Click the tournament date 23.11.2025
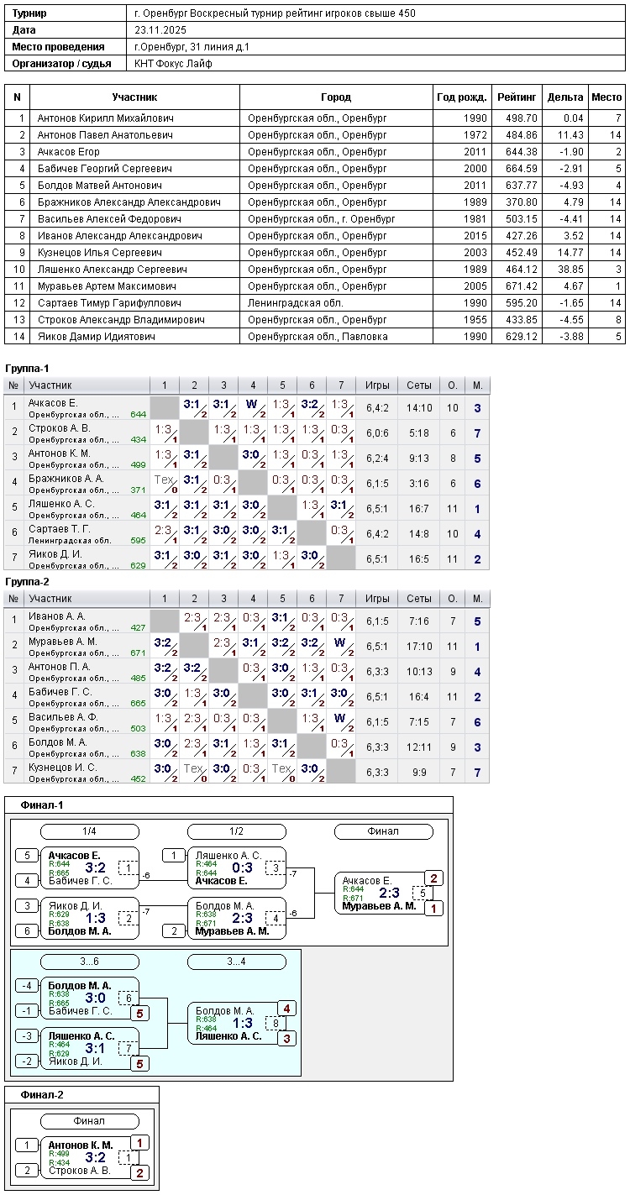pos(160,30)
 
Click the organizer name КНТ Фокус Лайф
pos(173,64)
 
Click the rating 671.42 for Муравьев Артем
pos(522,286)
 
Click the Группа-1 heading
pos(27,369)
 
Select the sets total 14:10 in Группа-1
pos(419,408)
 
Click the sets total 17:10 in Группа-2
pos(419,647)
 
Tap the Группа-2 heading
pos(27,581)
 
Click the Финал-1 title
pos(42,805)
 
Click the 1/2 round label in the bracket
pos(237,831)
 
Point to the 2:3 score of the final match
pos(389,893)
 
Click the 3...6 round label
pos(89,961)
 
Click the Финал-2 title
pos(42,1094)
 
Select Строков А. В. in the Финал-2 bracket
pos(80,1171)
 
